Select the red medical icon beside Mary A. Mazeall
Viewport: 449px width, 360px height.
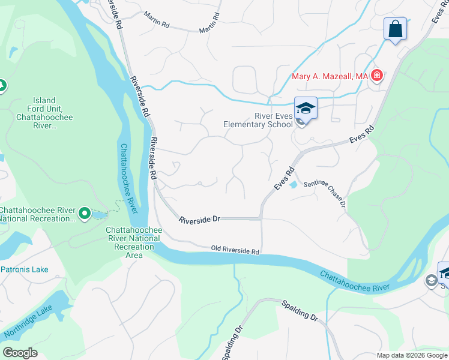376,76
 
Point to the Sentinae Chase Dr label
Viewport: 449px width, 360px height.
325,194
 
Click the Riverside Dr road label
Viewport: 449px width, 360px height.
200,220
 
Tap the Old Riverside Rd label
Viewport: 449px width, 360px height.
235,250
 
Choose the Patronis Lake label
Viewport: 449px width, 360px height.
24,269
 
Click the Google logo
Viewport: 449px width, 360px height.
20,353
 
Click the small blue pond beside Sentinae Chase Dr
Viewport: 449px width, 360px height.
293,185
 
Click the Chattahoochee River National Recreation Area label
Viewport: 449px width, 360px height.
133,242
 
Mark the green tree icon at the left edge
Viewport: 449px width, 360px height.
2,86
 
